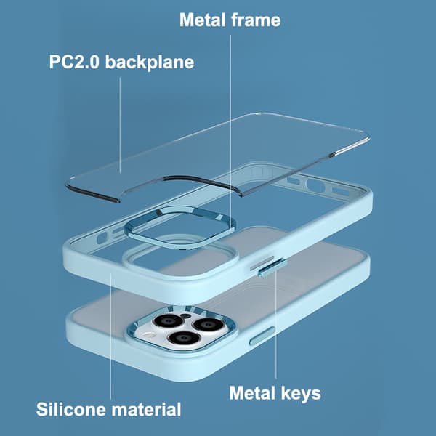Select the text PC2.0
74,62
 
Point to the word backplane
150,62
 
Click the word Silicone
72,409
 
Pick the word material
147,409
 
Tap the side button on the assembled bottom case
262,336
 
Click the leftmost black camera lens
169,321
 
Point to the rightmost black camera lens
208,324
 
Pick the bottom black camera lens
184,338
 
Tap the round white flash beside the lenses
149,336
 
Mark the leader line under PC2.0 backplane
120,125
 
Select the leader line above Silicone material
110,336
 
